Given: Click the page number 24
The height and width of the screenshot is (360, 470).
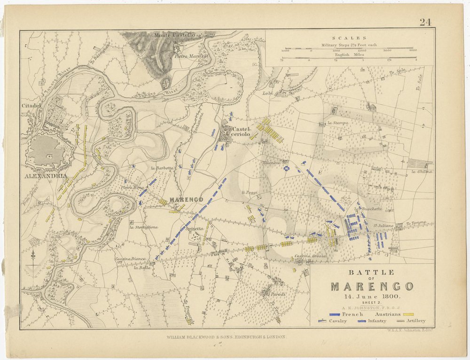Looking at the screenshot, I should point(425,22).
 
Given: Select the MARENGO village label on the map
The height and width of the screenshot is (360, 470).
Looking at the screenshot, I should point(187,199).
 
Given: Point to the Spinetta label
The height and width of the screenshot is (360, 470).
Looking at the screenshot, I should point(195,228).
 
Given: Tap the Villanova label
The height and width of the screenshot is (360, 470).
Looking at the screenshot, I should point(272,163).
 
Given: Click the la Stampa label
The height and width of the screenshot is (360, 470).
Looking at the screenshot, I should point(337,123).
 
